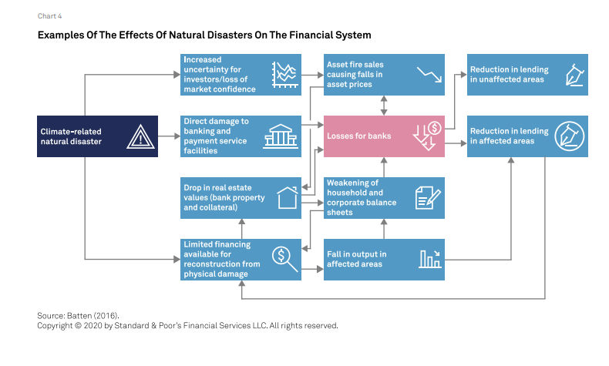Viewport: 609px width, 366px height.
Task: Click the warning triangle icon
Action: (x=140, y=136)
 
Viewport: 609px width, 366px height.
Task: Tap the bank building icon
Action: (x=281, y=136)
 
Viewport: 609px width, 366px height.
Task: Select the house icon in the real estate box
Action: (x=288, y=197)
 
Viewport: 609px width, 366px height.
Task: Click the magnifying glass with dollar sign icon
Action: (x=284, y=259)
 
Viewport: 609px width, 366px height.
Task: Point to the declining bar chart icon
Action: (x=429, y=259)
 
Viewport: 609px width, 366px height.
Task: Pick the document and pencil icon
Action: (x=428, y=197)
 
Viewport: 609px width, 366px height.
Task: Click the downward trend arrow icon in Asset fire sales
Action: (x=429, y=75)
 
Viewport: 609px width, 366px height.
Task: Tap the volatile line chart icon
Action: (x=285, y=75)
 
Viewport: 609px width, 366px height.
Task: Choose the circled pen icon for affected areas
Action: (x=570, y=136)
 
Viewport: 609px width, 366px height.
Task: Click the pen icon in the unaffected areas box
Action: (x=575, y=75)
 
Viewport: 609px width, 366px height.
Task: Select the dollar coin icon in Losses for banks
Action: (x=435, y=128)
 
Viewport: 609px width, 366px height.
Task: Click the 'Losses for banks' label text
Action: (x=359, y=136)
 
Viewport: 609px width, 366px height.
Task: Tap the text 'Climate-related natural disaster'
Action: (x=71, y=136)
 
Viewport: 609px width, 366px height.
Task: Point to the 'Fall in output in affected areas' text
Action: (x=357, y=259)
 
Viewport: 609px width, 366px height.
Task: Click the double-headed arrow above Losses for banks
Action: (x=384, y=106)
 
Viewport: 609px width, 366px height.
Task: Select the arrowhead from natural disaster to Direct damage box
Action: (x=177, y=136)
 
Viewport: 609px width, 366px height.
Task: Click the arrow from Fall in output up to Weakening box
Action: (x=384, y=229)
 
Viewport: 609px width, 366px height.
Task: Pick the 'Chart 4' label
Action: (x=49, y=16)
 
